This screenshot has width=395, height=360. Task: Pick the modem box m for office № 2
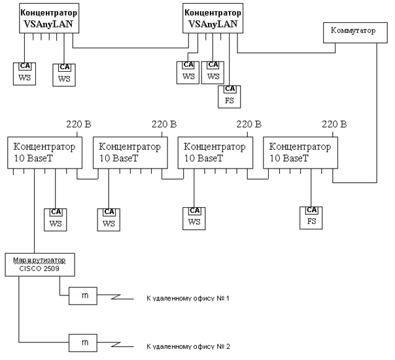pos(84,342)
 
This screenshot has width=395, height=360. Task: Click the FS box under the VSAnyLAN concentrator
pos(230,96)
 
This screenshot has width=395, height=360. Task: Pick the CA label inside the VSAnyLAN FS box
pos(230,90)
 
